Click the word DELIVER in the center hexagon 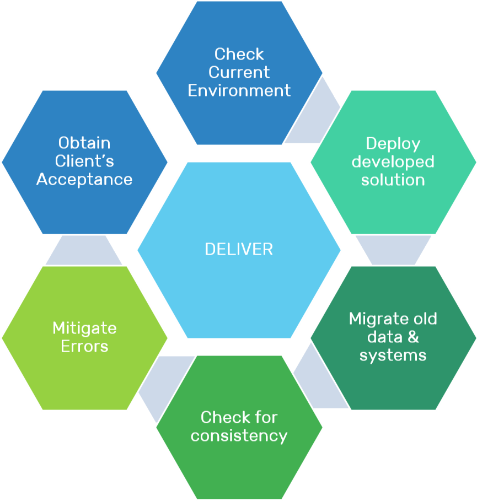[239, 249]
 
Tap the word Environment [239, 90]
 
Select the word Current [239, 72]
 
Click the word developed [393, 161]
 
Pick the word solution [393, 180]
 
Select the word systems [393, 355]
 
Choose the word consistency [239, 435]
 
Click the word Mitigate [84, 328]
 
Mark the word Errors [84, 346]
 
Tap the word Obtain [84, 143]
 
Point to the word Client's [84, 161]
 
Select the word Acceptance [84, 179]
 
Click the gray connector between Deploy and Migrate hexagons [393, 250]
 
